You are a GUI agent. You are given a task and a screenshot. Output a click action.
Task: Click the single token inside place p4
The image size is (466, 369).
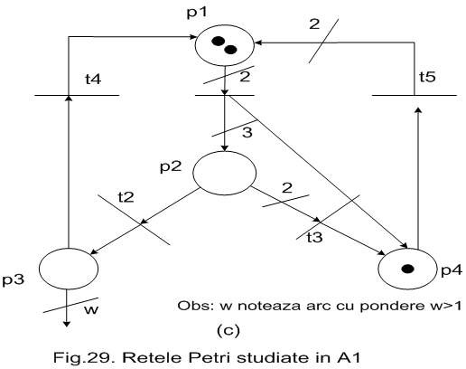tap(408, 269)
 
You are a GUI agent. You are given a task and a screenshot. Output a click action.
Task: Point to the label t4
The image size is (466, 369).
tap(93, 80)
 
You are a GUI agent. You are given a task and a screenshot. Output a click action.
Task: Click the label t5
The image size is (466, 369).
tap(427, 77)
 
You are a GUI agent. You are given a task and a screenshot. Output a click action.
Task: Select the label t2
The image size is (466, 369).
tap(126, 197)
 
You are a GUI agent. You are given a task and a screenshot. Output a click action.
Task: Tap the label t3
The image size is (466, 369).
tap(314, 237)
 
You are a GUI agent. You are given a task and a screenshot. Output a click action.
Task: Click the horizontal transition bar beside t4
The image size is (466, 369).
tap(77, 96)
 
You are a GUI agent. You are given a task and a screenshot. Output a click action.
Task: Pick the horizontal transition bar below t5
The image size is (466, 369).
tap(415, 96)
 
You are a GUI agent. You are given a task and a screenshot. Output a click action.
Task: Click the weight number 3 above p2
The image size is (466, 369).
tap(247, 132)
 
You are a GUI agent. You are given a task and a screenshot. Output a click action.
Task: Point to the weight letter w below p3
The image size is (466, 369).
tap(91, 310)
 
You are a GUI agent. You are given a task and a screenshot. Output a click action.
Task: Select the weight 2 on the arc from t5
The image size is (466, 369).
tap(314, 24)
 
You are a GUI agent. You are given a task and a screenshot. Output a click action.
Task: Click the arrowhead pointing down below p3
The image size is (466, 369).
tap(67, 324)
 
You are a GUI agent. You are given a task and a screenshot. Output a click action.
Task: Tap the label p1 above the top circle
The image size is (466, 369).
tap(197, 13)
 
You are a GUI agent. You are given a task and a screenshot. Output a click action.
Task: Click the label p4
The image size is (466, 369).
tap(452, 270)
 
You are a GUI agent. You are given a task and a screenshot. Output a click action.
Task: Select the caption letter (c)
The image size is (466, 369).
tap(228, 330)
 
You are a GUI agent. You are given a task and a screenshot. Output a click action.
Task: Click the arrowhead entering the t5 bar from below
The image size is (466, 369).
tap(418, 109)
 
